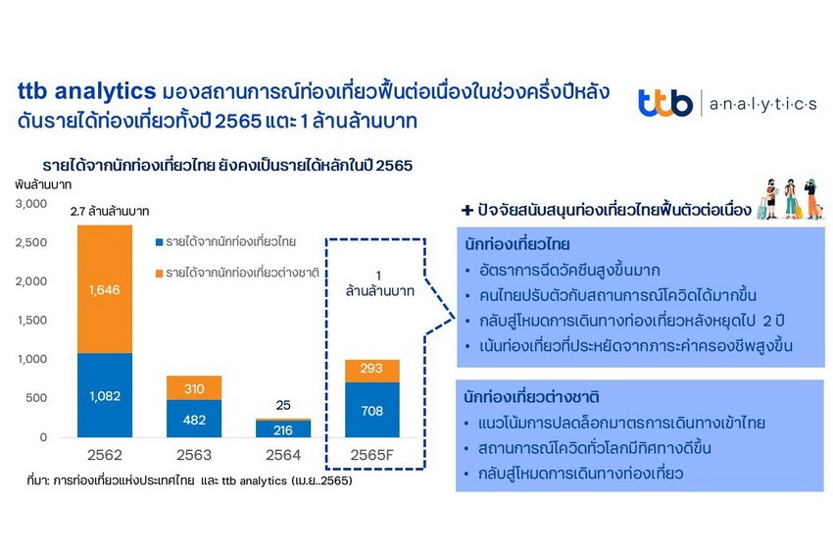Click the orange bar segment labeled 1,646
(105, 288)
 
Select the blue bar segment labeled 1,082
(105, 395)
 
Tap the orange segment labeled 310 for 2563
(194, 388)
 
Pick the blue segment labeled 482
(194, 419)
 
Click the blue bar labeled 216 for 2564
(283, 429)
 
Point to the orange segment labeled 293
(371, 371)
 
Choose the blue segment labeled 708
(371, 410)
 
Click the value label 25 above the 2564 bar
(283, 405)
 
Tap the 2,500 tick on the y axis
(31, 242)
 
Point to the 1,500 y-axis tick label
(32, 320)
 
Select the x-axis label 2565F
(371, 455)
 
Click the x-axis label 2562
(105, 455)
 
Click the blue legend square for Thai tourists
(159, 242)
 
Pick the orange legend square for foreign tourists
(159, 274)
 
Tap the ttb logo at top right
(665, 103)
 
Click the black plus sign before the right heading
(466, 210)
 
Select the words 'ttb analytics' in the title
(86, 91)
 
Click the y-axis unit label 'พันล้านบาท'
(43, 185)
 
